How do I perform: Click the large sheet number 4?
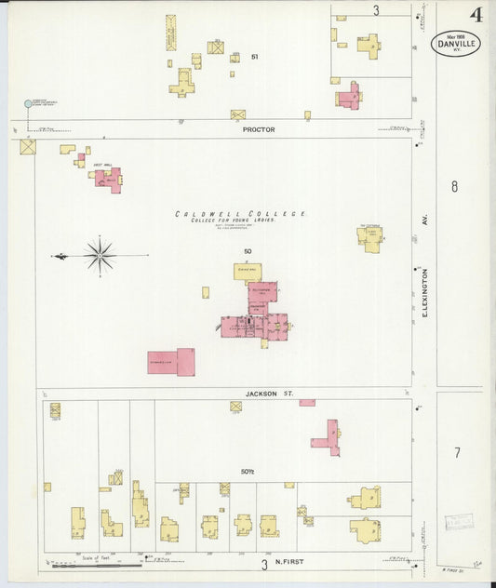click(x=476, y=14)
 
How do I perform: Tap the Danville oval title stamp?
click(x=455, y=43)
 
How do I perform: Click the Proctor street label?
click(x=259, y=130)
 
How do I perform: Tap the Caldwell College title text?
click(x=241, y=214)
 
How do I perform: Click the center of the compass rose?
click(x=100, y=254)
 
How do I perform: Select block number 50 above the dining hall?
click(x=248, y=252)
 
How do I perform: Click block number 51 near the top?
click(x=254, y=57)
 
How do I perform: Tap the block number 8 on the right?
click(x=454, y=187)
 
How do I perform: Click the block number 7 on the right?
click(x=457, y=453)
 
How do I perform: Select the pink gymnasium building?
click(x=171, y=362)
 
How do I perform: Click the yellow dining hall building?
click(x=248, y=273)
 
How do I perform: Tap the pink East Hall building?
click(x=108, y=179)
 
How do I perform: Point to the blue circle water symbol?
click(x=27, y=104)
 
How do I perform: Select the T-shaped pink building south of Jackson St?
click(x=328, y=436)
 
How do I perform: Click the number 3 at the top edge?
click(x=376, y=10)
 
